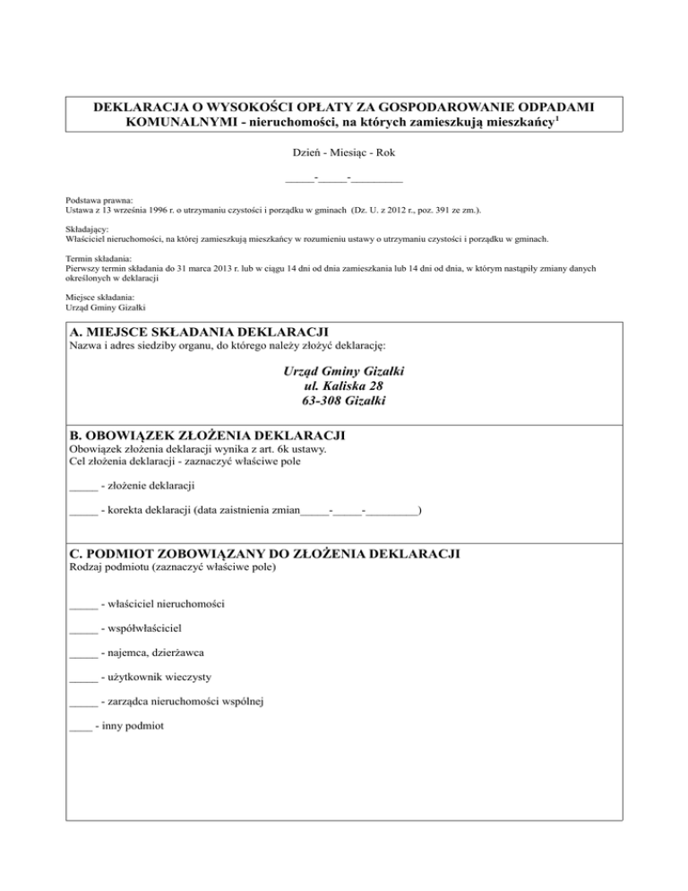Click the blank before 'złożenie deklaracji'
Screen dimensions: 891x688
click(x=82, y=489)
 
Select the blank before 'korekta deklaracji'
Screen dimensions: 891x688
click(x=82, y=514)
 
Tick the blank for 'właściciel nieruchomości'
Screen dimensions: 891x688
click(x=82, y=606)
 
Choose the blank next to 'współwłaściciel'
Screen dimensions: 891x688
click(x=82, y=630)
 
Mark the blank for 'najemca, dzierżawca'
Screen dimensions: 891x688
click(x=82, y=654)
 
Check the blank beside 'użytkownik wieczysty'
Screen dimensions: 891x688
click(x=82, y=679)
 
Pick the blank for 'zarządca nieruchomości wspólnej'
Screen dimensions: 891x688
click(x=82, y=703)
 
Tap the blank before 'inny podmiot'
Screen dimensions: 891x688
click(x=80, y=727)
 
